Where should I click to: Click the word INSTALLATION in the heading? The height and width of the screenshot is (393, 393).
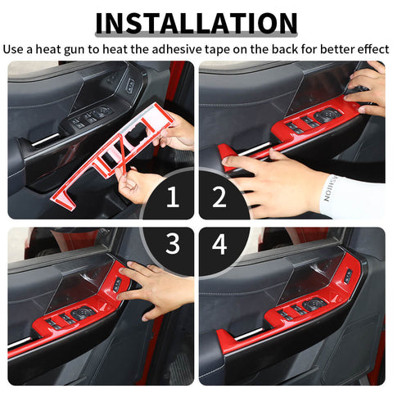tap(196, 22)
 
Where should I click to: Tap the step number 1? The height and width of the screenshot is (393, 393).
tap(172, 196)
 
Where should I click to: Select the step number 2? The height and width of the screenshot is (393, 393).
tap(219, 196)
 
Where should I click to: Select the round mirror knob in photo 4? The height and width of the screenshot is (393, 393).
tap(313, 305)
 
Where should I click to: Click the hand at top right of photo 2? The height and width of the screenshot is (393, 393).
tap(368, 86)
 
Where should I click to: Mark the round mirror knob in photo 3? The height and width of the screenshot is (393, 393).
tap(82, 312)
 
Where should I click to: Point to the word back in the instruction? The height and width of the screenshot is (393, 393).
tap(278, 48)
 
